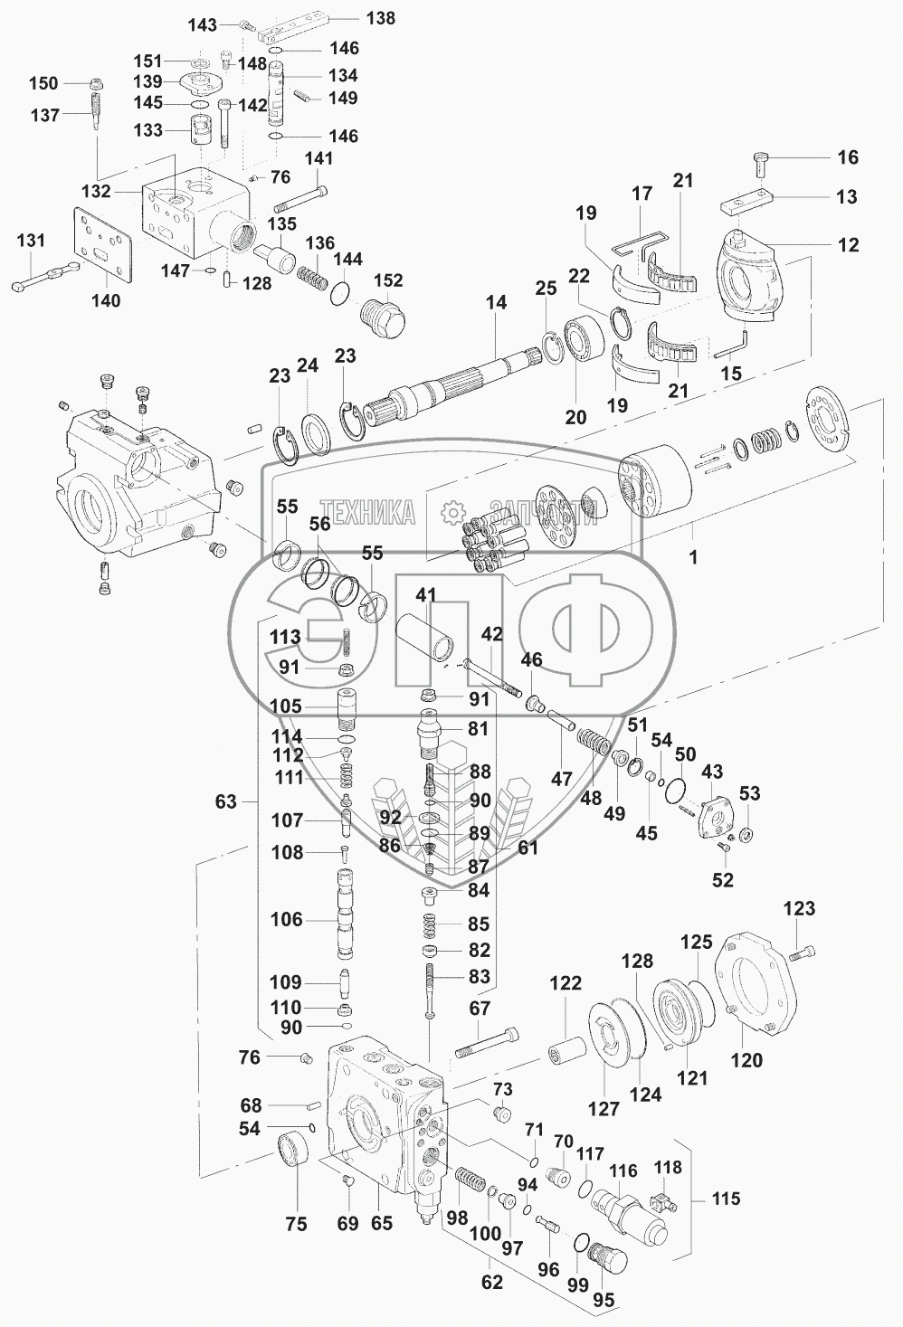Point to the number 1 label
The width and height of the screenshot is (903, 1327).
tap(693, 557)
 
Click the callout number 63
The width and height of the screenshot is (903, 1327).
tap(226, 801)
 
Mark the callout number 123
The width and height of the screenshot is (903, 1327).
tap(799, 908)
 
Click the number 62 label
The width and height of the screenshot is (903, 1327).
tap(492, 1282)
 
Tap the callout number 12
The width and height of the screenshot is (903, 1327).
tap(847, 244)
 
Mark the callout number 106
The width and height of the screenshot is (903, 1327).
tap(287, 919)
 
